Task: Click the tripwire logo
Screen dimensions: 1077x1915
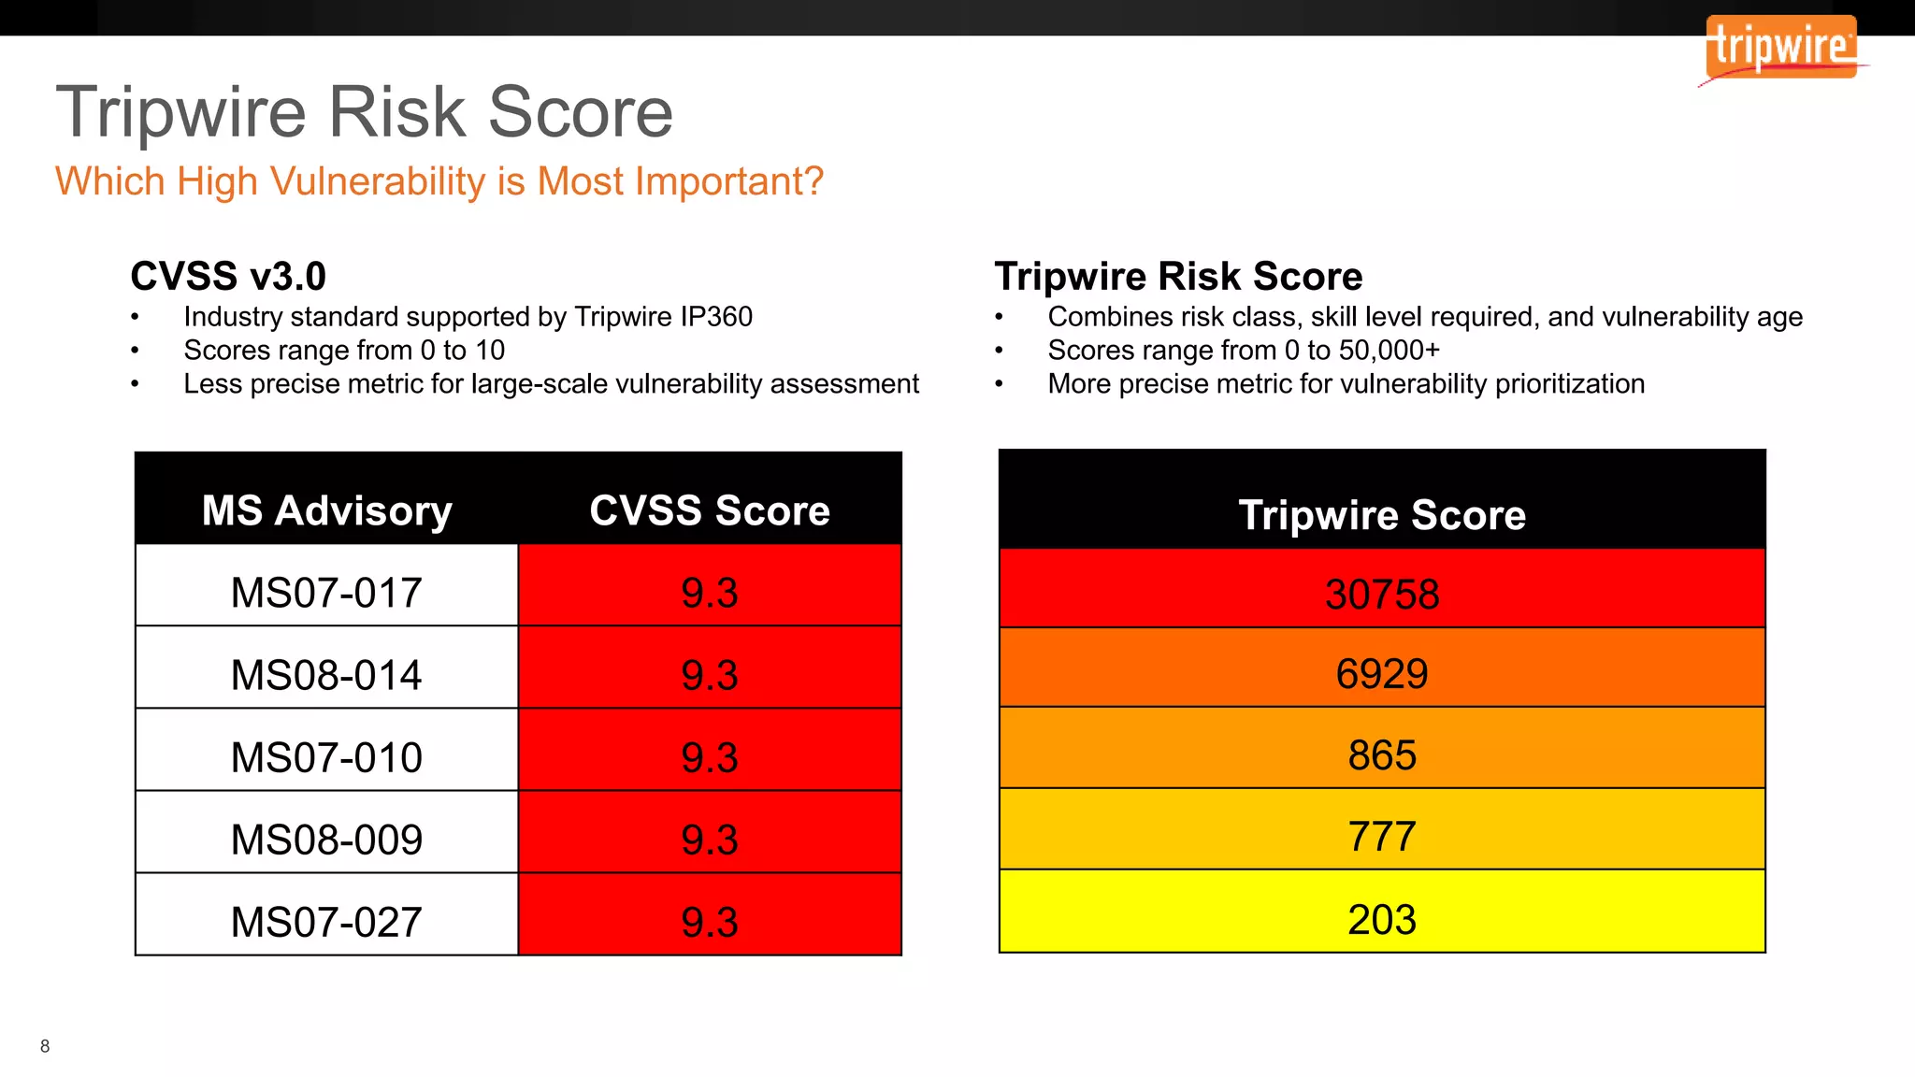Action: click(x=1780, y=48)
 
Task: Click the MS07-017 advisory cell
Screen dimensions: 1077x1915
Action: click(x=326, y=593)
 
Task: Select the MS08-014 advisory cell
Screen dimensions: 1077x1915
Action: click(x=326, y=675)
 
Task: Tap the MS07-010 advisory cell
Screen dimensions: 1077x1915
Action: click(x=326, y=757)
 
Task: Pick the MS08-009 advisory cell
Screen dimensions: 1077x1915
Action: click(x=326, y=840)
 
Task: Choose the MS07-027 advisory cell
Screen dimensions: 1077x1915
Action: click(x=326, y=922)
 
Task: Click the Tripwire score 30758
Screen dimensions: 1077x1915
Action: click(x=1382, y=595)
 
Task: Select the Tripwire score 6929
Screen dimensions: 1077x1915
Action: click(x=1382, y=674)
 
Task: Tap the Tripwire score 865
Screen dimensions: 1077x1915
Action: click(x=1382, y=755)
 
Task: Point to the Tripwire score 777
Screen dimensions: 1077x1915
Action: click(x=1382, y=837)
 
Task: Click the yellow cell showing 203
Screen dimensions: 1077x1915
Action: click(x=1382, y=920)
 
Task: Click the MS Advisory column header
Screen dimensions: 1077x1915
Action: click(x=326, y=510)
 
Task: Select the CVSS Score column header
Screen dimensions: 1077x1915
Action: click(x=710, y=510)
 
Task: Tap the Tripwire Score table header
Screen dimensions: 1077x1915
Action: click(x=1382, y=515)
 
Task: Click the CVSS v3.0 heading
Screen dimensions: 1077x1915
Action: click(x=228, y=277)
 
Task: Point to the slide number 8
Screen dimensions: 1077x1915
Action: click(x=45, y=1046)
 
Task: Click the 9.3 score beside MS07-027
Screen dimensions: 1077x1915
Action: click(x=710, y=922)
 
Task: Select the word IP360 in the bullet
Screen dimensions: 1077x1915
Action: click(x=716, y=317)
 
